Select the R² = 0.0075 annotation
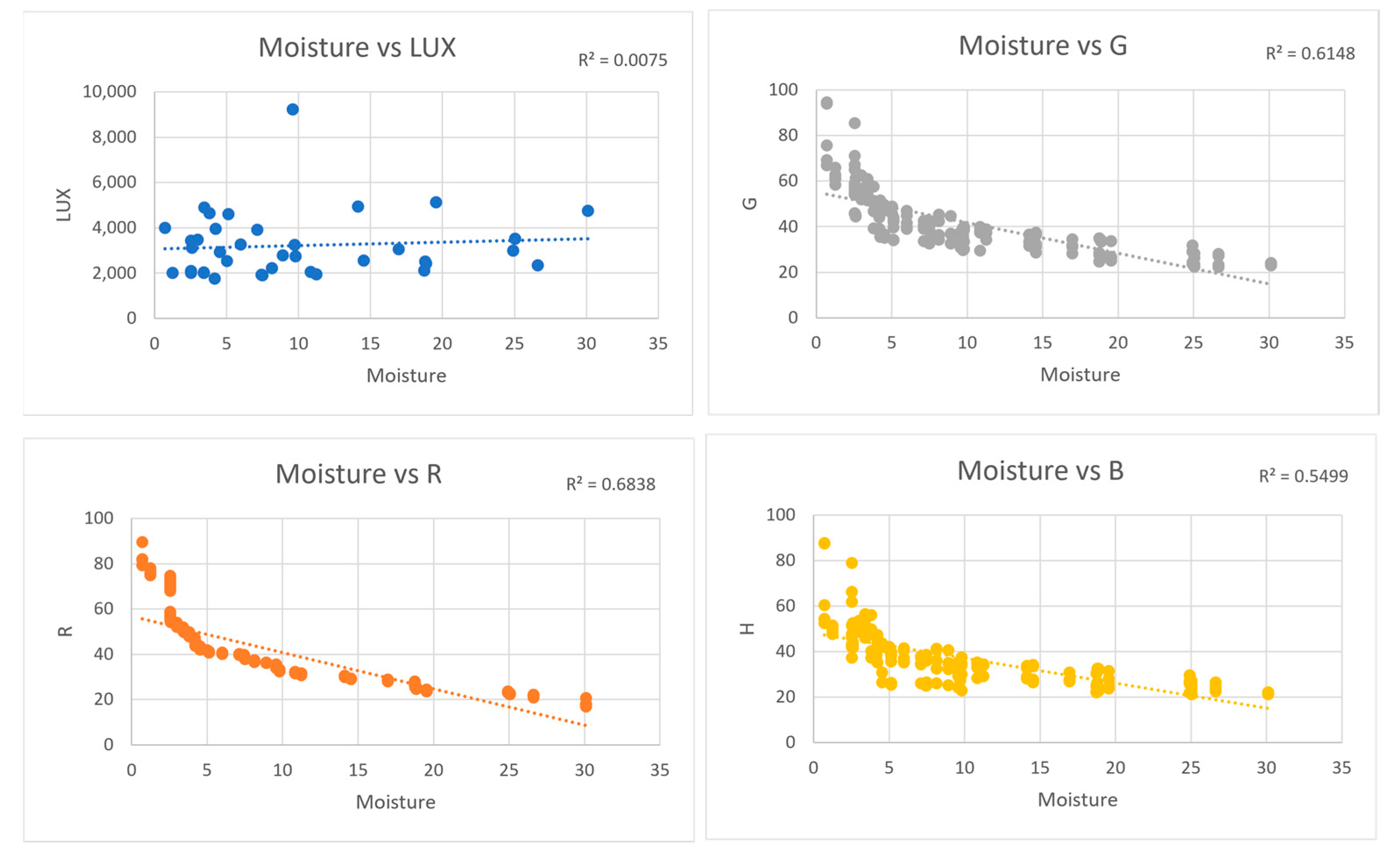click(x=622, y=60)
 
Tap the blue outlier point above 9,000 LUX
click(x=292, y=109)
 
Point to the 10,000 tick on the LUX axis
click(x=109, y=92)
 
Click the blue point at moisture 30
click(x=588, y=211)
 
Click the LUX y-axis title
click(x=63, y=205)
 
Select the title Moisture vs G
click(x=1043, y=46)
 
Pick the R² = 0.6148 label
click(x=1310, y=53)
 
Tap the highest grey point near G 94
click(x=827, y=103)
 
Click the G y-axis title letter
click(x=750, y=203)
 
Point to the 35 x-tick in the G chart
click(x=1344, y=343)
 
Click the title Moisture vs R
click(x=358, y=474)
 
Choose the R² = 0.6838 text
click(x=610, y=485)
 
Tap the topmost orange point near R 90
click(x=142, y=542)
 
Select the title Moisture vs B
click(x=1040, y=471)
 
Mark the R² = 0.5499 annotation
click(x=1303, y=476)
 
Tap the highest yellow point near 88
click(x=825, y=543)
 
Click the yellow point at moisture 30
click(x=1268, y=693)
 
